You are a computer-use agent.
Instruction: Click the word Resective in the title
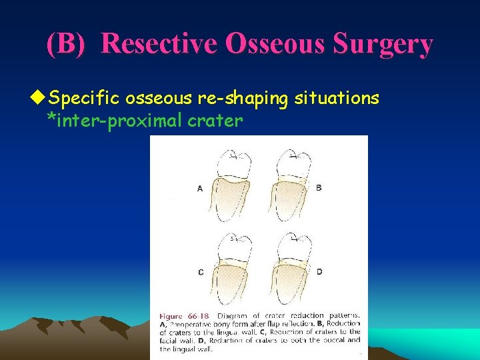[159, 44]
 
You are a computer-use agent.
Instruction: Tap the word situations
[337, 99]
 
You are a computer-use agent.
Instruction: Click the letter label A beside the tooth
[199, 189]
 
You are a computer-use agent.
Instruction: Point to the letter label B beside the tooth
[319, 188]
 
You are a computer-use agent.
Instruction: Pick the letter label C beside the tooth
[200, 272]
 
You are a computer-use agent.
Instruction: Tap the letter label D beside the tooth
[319, 271]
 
